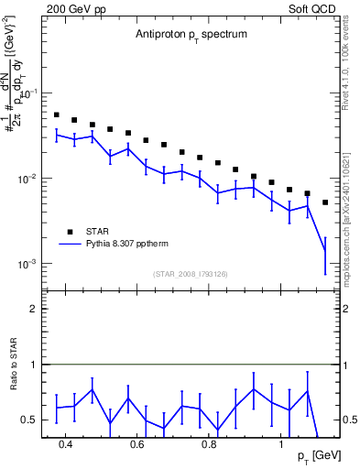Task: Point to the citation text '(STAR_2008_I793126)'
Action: coord(191,272)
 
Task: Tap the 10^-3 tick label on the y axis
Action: coord(28,264)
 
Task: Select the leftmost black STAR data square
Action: coord(57,115)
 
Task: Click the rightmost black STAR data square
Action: coord(325,202)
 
